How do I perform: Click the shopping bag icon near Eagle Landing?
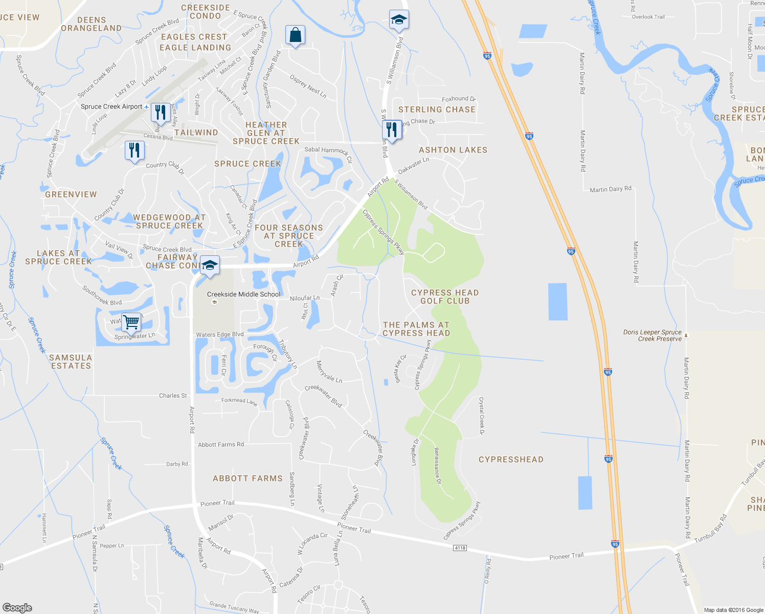coord(295,35)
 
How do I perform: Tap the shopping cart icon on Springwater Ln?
coord(131,322)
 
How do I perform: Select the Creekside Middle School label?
coord(244,294)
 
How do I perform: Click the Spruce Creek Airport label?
coord(111,106)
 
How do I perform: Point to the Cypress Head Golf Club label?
coord(445,297)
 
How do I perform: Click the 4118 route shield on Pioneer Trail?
coord(460,548)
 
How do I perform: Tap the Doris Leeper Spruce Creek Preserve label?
coord(652,335)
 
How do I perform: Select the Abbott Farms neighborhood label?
coord(247,478)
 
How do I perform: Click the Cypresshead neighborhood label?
coord(511,459)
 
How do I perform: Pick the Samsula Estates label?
coord(71,362)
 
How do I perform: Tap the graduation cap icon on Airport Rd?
coord(209,265)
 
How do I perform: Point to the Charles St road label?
coord(173,396)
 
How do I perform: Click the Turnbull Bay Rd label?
coord(710,529)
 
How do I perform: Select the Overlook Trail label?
coord(648,17)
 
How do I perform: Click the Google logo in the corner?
coord(17,607)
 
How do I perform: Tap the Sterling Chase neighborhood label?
coord(437,109)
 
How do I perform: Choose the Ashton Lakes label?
coord(453,150)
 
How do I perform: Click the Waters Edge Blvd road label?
coord(220,335)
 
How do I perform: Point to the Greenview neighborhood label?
coord(71,194)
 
